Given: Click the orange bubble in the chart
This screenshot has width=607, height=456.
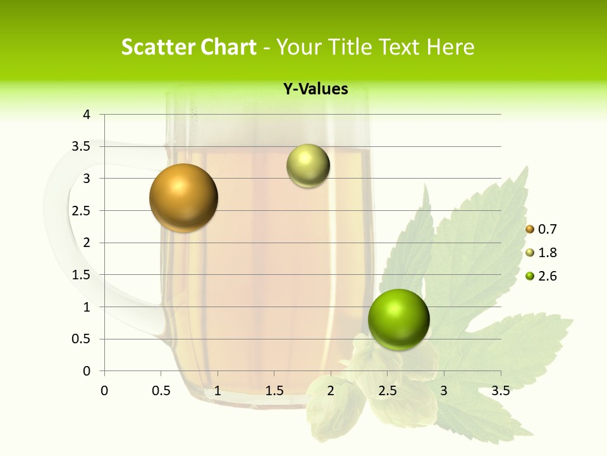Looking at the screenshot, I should [x=183, y=198].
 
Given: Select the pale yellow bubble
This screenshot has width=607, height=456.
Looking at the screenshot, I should [x=308, y=166].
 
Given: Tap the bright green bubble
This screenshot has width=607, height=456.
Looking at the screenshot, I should [x=398, y=319].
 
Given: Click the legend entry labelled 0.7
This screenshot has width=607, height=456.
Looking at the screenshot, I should [x=541, y=229].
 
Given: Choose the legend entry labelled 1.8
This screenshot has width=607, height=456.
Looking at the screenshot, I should [x=541, y=253].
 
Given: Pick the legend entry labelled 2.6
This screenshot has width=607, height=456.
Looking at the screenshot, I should [x=541, y=276].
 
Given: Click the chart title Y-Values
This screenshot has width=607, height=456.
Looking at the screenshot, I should [x=316, y=89].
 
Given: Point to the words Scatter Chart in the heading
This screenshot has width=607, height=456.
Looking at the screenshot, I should [x=188, y=47].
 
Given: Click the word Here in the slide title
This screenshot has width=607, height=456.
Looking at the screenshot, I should [x=450, y=47].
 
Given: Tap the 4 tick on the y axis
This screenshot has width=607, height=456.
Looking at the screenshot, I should [x=86, y=115].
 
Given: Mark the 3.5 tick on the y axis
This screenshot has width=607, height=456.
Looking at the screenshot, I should [x=82, y=146].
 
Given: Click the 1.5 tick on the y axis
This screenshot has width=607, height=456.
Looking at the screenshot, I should [x=82, y=275].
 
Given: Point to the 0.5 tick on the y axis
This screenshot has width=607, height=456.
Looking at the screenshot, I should [x=82, y=339].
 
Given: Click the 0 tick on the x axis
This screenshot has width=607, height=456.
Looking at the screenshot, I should [x=104, y=391].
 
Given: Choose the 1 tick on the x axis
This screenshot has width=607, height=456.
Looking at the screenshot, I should [x=218, y=391].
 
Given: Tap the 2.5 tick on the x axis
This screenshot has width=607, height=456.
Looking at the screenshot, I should [x=387, y=391].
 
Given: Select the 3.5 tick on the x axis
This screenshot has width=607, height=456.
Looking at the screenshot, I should [x=500, y=391].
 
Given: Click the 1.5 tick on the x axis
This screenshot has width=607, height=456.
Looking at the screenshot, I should [x=274, y=391].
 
